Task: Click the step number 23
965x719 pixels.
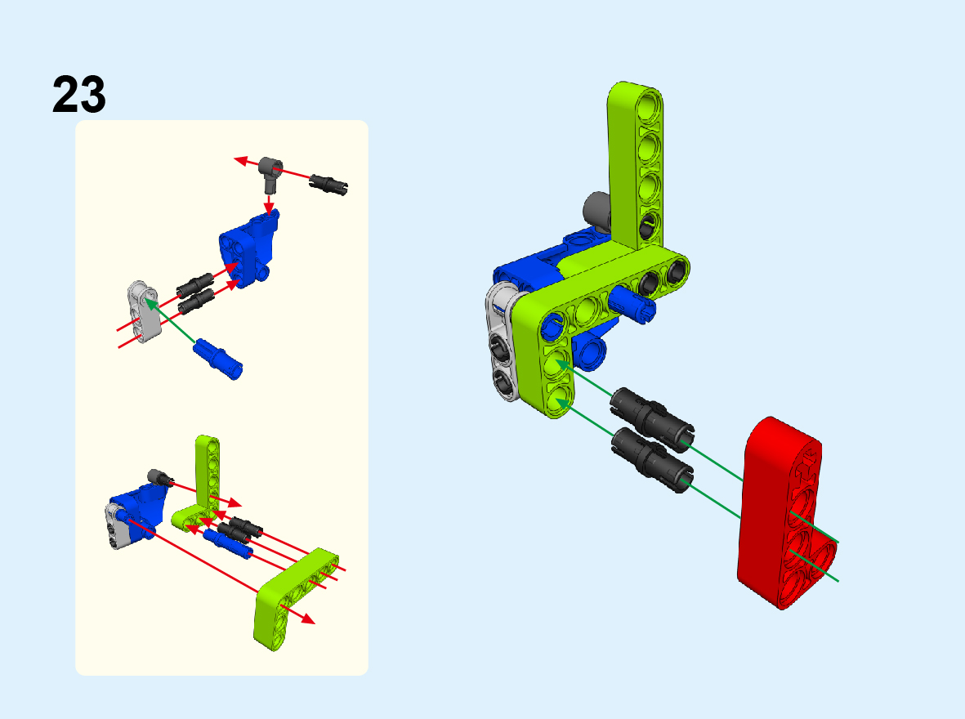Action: pyautogui.click(x=78, y=95)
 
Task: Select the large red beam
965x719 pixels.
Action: pyautogui.click(x=785, y=513)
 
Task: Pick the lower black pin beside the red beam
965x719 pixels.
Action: pyautogui.click(x=652, y=461)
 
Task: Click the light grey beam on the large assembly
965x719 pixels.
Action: pyautogui.click(x=503, y=341)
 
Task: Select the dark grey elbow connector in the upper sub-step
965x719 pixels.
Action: pyautogui.click(x=270, y=173)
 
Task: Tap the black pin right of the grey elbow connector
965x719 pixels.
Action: pyautogui.click(x=328, y=184)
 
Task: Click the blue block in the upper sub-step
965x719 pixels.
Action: pyautogui.click(x=249, y=248)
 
